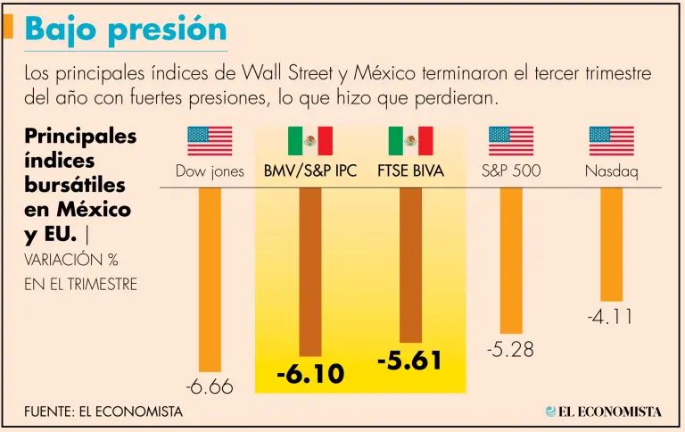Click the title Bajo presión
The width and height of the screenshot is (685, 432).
tap(126, 29)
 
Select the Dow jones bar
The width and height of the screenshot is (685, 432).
tap(210, 278)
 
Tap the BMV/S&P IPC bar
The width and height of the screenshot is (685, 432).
tap(310, 271)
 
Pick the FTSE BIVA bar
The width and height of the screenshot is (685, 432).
tap(410, 264)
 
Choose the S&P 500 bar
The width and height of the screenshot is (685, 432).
tap(511, 260)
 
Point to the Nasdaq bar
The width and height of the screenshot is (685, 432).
tap(612, 244)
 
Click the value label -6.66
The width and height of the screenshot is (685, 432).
tap(210, 387)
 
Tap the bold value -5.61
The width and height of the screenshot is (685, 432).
tap(410, 361)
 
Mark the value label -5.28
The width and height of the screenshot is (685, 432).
tap(511, 350)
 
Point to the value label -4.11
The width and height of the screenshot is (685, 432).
tap(612, 317)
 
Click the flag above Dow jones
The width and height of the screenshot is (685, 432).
tap(210, 141)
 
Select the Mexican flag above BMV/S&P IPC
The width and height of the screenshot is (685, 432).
tap(310, 141)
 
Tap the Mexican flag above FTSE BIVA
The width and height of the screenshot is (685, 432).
tap(410, 141)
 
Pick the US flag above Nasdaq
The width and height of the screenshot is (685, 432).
tap(612, 141)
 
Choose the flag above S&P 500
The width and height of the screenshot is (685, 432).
tap(511, 141)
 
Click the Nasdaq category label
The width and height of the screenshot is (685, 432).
tap(612, 171)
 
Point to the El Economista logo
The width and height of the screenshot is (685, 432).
tap(604, 411)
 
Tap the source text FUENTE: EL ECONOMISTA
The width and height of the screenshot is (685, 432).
tap(103, 411)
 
